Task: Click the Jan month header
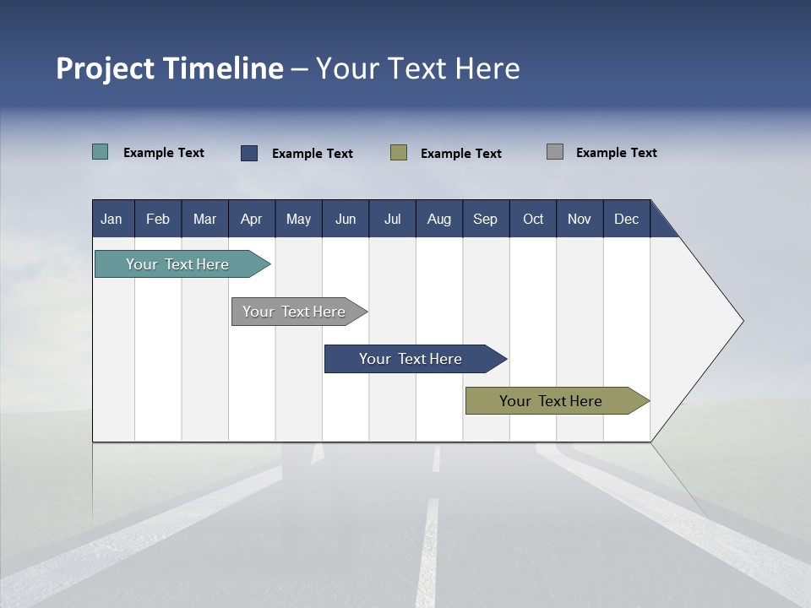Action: [112, 219]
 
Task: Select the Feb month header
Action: [158, 219]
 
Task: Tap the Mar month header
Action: [204, 219]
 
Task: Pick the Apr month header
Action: [252, 219]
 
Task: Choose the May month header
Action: [298, 219]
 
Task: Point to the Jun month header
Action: [346, 219]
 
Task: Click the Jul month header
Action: [392, 219]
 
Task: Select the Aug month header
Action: [439, 219]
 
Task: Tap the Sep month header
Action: [486, 219]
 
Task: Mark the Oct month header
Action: [533, 219]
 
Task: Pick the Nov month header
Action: [580, 219]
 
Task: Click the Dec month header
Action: [627, 219]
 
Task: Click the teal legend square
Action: [101, 152]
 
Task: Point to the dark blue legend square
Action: [249, 153]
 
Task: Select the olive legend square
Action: [399, 153]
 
